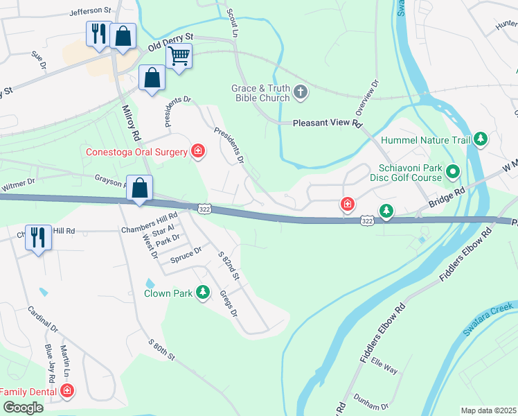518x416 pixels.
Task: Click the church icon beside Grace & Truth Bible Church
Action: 301,91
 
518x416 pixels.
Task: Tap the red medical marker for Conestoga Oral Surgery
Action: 198,151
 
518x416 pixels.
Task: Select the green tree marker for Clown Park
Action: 203,293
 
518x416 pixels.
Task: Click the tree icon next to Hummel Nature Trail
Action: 481,139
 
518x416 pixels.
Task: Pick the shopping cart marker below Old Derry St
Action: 179,55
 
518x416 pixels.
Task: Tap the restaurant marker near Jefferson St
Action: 98,33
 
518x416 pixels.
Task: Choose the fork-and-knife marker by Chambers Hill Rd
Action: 37,236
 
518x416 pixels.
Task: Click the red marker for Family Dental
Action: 67,391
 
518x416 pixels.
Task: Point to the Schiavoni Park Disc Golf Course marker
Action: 453,170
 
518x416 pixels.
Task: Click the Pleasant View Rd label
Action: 328,123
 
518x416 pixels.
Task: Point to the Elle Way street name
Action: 384,365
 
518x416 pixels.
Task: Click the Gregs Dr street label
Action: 229,304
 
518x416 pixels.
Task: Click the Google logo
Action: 22,408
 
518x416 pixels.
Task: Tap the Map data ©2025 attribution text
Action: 488,410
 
